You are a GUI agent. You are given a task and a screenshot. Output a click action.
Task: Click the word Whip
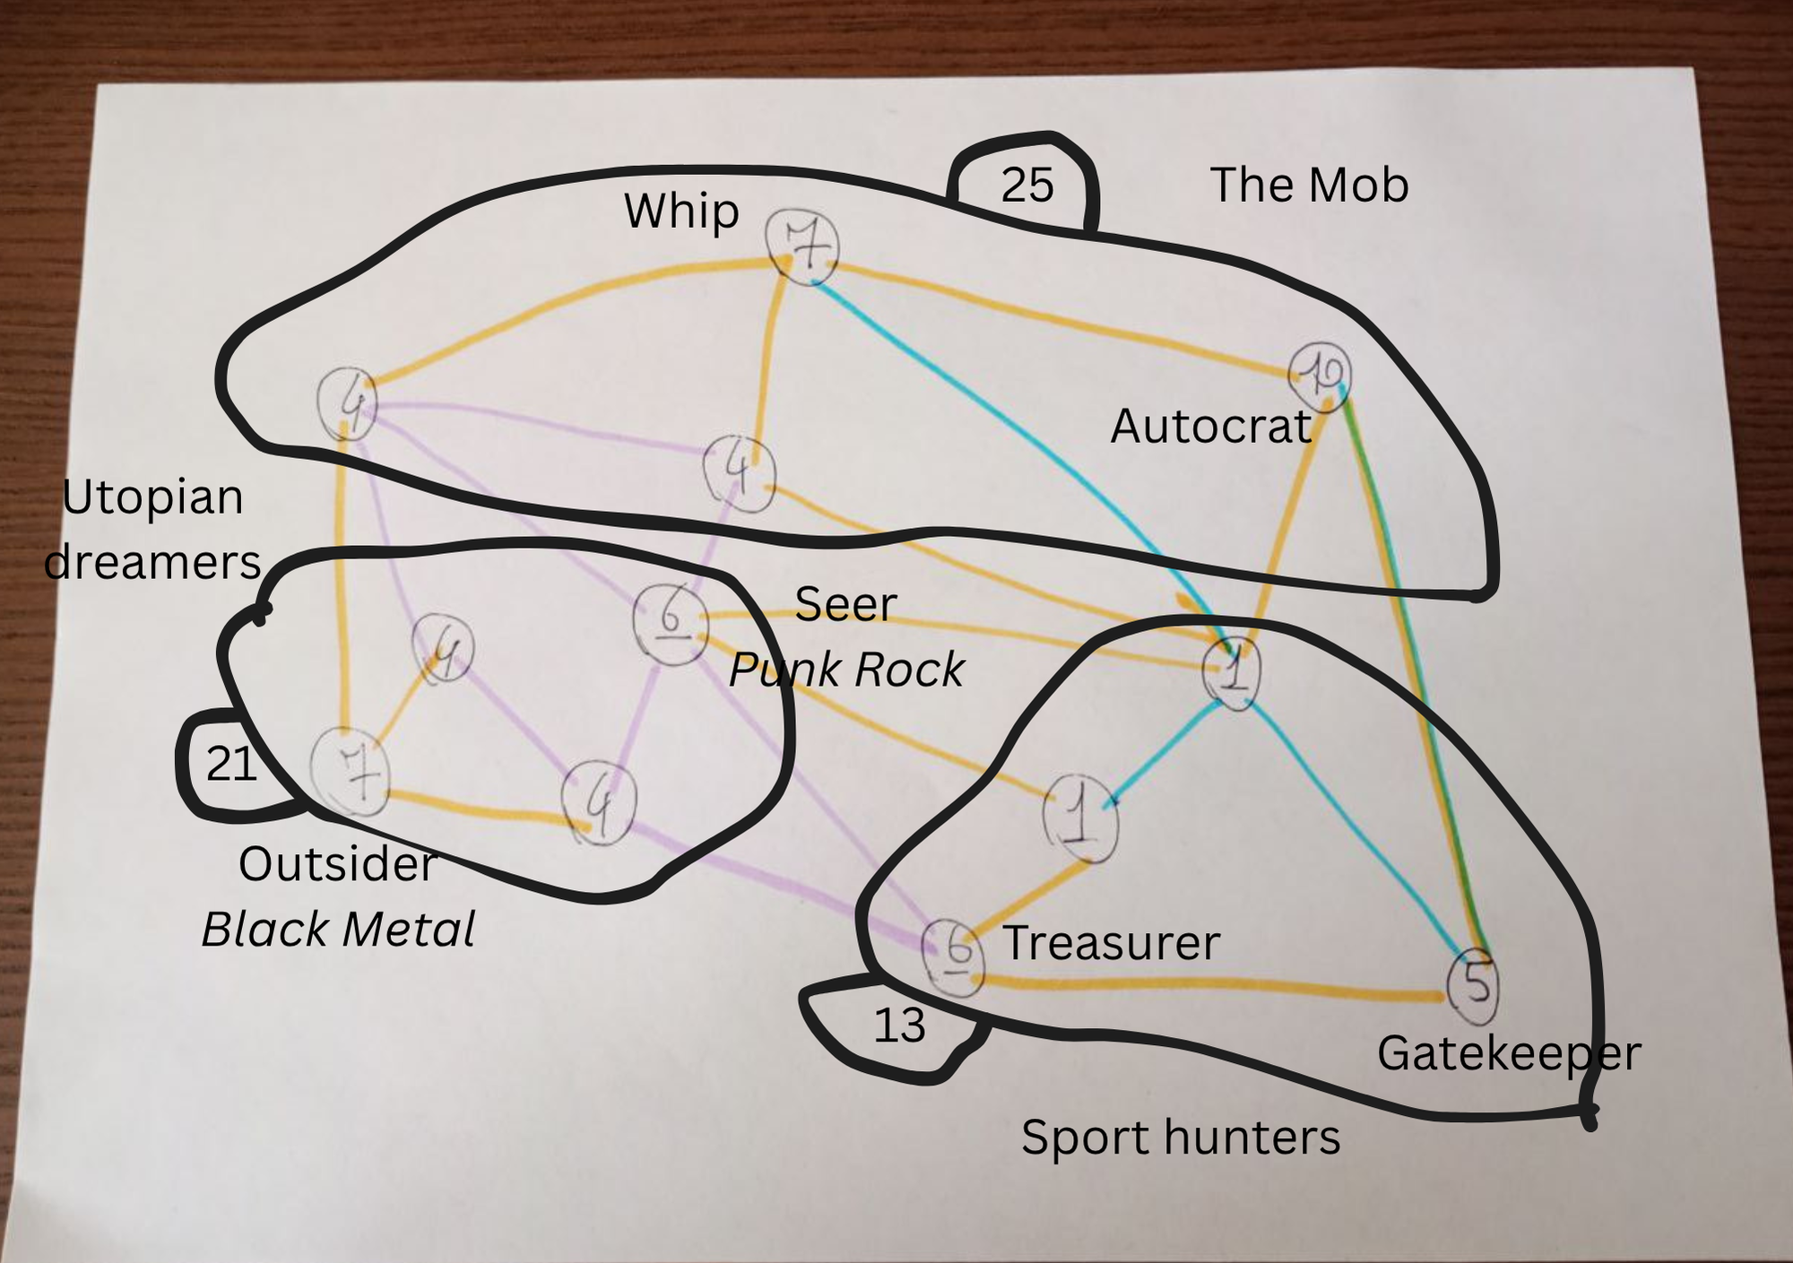681,212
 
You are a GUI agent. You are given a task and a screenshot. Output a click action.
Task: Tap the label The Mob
1309,185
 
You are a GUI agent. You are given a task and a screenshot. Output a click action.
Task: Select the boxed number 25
1026,186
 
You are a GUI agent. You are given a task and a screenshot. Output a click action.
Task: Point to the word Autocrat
1210,426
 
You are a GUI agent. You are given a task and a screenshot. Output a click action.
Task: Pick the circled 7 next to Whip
802,246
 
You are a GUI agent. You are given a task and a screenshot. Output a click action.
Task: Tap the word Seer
845,604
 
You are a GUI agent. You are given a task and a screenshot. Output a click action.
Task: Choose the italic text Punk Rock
846,670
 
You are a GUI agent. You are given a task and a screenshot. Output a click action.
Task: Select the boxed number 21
231,764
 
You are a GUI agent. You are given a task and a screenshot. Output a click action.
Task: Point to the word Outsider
337,864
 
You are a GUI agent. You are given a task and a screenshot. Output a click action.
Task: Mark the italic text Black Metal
338,929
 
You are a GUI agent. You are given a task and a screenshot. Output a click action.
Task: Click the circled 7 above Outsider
351,772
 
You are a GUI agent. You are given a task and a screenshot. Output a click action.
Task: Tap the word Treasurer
1111,943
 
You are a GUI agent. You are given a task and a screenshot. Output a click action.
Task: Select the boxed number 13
898,1025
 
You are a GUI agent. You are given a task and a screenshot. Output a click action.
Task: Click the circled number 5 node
1474,985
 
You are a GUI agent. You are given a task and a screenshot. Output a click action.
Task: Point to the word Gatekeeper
1509,1053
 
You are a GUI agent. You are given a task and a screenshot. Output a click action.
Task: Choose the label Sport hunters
1181,1138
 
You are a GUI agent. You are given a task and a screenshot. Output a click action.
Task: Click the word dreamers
152,563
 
